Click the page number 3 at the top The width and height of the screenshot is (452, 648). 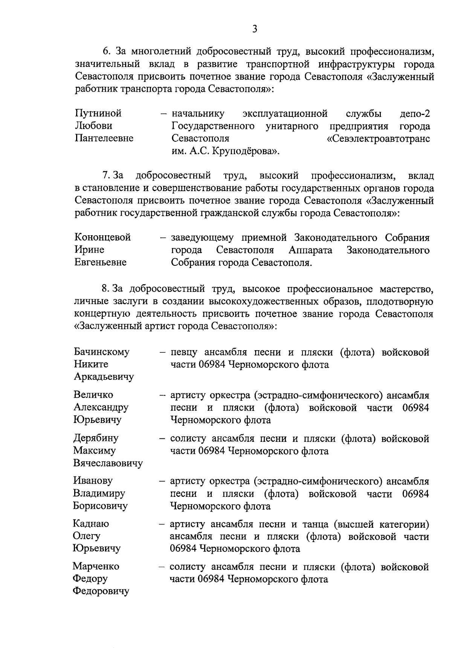pyautogui.click(x=255, y=29)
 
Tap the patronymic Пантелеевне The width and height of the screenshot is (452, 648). pyautogui.click(x=104, y=138)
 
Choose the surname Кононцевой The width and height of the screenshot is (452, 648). pyautogui.click(x=102, y=237)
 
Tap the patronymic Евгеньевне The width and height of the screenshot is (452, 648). pyautogui.click(x=100, y=262)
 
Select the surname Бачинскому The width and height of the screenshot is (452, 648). pyautogui.click(x=102, y=352)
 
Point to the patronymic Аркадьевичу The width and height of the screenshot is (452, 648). pyautogui.click(x=104, y=377)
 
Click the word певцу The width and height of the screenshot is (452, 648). pyautogui.click(x=183, y=352)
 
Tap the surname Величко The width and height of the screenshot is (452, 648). pyautogui.click(x=93, y=395)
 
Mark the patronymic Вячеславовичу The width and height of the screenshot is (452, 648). pyautogui.click(x=108, y=463)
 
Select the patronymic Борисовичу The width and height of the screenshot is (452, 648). pyautogui.click(x=100, y=506)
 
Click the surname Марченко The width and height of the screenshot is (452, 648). pyautogui.click(x=96, y=566)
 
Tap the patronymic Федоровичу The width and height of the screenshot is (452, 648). pyautogui.click(x=101, y=591)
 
